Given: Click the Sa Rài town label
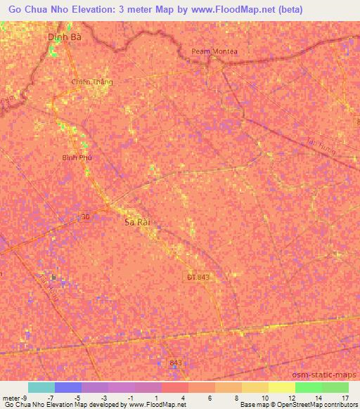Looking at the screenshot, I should coord(137,221).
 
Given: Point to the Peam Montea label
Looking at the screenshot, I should coord(214,51).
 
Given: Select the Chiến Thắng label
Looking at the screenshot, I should coord(92,82).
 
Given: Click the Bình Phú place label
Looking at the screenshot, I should coord(77,158).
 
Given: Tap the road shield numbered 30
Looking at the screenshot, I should coord(86,217).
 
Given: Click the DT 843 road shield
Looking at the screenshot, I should coord(198,277).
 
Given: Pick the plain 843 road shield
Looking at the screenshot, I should coord(176,363).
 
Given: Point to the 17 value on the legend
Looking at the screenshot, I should coord(345,398).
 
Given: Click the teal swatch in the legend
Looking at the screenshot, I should coord(41,387).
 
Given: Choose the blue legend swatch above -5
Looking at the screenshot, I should coord(67,387).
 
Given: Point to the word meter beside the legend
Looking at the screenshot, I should coord(10,398).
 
